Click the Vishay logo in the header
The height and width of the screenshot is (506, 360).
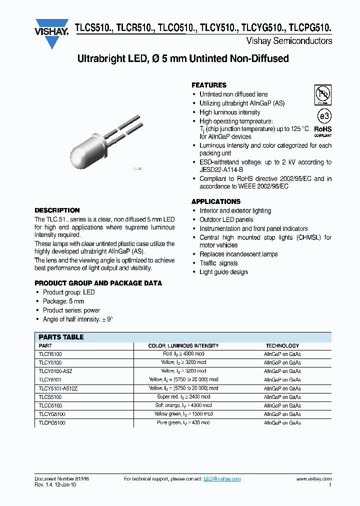51,33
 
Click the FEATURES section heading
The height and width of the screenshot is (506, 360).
209,85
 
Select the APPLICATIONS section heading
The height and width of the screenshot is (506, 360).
216,201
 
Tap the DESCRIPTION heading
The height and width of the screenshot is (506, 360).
57,210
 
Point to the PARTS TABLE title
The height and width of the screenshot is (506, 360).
61,337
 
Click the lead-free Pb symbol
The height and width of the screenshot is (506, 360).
322,94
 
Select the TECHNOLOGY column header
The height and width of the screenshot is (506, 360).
282,345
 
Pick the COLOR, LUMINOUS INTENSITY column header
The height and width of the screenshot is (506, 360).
183,345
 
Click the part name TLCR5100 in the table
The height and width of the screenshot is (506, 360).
50,354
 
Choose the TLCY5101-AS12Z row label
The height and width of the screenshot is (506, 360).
58,388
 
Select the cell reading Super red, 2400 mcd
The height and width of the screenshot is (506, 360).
183,397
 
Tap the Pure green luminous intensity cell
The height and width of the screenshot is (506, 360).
183,423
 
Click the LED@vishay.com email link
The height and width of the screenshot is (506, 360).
222,479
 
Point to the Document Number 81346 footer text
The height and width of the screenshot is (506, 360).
61,479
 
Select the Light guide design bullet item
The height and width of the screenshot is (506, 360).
223,272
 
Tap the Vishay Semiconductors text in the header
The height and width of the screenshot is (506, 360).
289,41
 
